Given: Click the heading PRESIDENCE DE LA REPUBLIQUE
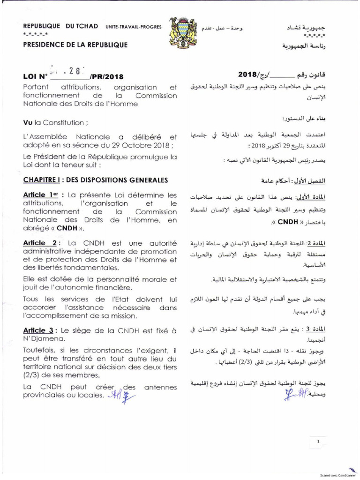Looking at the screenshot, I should (75, 45).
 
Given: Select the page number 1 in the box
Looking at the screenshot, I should (318, 442).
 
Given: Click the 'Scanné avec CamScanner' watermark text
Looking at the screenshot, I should (336, 475).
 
